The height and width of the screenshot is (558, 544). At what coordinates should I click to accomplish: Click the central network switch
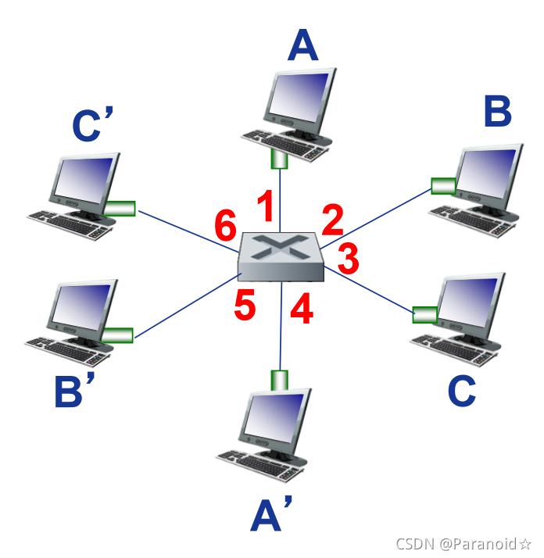281,256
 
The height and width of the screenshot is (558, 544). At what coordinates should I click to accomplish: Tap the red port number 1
266,209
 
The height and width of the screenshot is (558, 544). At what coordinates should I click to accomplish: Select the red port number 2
333,221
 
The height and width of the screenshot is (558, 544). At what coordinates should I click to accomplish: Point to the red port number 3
348,256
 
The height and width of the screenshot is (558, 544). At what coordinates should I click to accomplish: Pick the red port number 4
301,309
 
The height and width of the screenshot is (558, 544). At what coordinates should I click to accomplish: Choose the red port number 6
226,227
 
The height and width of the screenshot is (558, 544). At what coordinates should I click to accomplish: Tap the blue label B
497,113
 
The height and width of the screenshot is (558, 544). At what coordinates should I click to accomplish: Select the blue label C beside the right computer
462,391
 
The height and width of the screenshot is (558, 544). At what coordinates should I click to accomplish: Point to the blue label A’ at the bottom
270,517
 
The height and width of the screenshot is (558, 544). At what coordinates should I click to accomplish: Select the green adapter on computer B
443,186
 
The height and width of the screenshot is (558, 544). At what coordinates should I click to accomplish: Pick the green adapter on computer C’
120,208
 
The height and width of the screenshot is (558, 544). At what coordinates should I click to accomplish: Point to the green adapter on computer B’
118,334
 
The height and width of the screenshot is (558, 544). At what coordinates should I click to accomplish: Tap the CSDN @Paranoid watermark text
463,543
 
